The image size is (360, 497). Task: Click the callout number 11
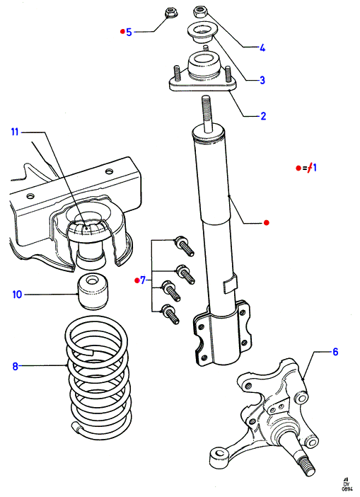[x=15, y=132]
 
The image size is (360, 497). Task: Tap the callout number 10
[x=17, y=295]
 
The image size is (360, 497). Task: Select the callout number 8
[x=15, y=367]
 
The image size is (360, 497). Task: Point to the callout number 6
[x=335, y=352]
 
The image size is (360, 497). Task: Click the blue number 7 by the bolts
[x=143, y=280]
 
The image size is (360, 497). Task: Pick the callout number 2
[x=263, y=116]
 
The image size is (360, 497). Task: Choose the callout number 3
[x=262, y=80]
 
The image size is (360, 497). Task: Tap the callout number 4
[x=262, y=48]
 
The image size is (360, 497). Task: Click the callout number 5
[x=129, y=32]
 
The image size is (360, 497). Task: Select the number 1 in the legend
[x=315, y=168]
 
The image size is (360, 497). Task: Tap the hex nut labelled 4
[x=200, y=12]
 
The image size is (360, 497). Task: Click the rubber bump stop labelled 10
[x=93, y=292]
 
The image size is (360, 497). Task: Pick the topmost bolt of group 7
[x=184, y=246]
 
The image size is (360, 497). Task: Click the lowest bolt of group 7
[x=170, y=314]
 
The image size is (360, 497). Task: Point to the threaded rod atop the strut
[x=206, y=113]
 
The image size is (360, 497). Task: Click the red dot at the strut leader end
[x=266, y=223]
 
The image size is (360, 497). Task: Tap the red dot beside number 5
[x=122, y=31]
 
